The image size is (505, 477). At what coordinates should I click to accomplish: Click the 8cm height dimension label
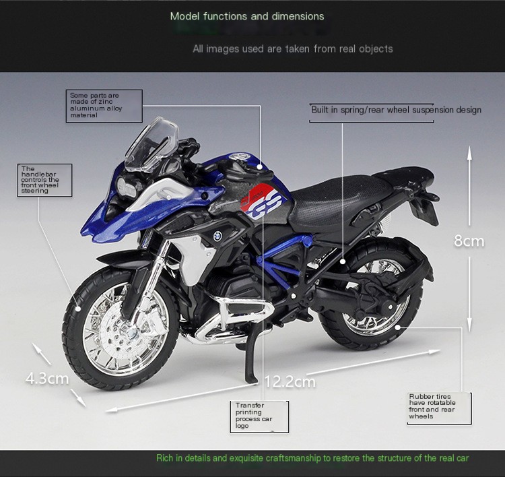click(x=469, y=241)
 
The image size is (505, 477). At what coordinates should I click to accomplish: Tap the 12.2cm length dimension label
click(x=290, y=382)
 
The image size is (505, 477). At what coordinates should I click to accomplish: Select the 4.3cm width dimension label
click(x=47, y=378)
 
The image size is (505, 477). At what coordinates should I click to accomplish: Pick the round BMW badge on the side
click(x=217, y=236)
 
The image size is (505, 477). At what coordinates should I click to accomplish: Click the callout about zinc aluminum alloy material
click(x=104, y=106)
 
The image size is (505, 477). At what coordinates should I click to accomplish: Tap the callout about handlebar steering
click(x=44, y=180)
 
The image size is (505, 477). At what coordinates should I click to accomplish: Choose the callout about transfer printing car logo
click(x=259, y=416)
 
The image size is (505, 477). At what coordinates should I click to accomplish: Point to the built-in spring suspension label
click(x=396, y=110)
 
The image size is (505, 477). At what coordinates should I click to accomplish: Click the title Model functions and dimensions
click(x=247, y=16)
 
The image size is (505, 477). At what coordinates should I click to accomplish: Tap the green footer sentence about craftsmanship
click(x=312, y=458)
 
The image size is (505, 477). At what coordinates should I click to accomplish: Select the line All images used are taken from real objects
click(x=292, y=49)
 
